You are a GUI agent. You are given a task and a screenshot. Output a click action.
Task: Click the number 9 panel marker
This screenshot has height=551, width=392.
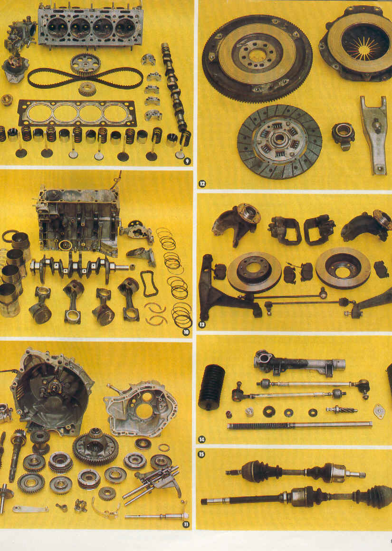(x=187, y=161)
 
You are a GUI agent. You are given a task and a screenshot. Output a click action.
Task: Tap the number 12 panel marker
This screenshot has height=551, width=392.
(x=202, y=183)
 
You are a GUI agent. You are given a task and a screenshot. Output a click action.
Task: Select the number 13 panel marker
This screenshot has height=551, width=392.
(x=202, y=324)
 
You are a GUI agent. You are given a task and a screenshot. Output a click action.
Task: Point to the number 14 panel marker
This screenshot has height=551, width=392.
(x=202, y=439)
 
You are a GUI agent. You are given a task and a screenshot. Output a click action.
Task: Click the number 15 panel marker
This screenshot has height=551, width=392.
(x=201, y=455)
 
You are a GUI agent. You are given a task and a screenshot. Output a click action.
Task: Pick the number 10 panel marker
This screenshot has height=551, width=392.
(x=186, y=332)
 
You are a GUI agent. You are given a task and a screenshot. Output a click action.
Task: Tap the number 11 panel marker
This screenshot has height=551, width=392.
(x=186, y=524)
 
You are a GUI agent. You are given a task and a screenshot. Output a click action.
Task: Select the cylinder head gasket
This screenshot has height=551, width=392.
(x=77, y=113)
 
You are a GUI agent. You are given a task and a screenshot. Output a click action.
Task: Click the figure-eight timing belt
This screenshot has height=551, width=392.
(x=86, y=78)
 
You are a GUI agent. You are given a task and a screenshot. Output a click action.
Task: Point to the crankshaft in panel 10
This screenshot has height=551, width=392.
(x=80, y=267)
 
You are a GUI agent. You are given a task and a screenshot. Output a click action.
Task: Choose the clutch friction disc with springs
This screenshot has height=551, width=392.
(x=279, y=141)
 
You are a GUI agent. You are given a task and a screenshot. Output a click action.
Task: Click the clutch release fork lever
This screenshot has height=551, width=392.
(x=374, y=134)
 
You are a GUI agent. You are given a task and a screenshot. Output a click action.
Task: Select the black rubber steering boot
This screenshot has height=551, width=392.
(x=211, y=388)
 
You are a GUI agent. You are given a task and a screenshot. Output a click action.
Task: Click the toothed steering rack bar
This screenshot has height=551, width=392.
(x=299, y=425)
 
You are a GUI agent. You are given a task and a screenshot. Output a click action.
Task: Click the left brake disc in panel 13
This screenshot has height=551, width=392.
(x=254, y=272)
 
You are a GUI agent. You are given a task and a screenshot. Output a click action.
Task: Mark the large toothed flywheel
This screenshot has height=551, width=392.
(x=257, y=58)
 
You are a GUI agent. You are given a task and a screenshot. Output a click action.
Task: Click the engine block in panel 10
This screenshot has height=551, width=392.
(x=78, y=221)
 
